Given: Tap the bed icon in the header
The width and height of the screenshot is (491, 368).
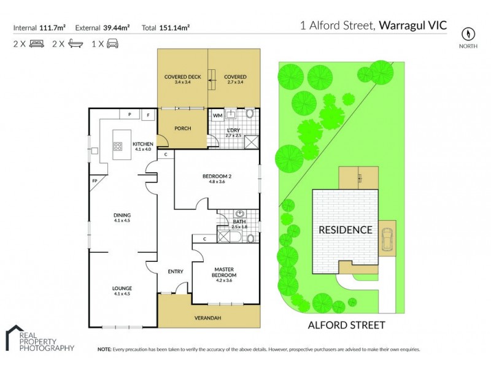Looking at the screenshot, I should (36, 44).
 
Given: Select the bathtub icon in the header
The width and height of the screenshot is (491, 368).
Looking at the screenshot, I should (75, 44).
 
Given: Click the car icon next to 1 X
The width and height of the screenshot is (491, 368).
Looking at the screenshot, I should (112, 44).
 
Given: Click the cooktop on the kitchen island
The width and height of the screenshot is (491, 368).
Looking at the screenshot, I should (117, 146).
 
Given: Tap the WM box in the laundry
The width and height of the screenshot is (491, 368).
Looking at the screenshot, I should (217, 115).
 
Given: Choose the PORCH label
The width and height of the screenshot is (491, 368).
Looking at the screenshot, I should (183, 128).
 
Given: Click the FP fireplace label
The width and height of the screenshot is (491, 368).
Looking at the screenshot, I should (95, 182).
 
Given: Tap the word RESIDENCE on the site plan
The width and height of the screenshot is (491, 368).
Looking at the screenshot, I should (344, 230).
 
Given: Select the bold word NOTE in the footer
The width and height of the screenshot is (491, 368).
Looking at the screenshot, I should (104, 349).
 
